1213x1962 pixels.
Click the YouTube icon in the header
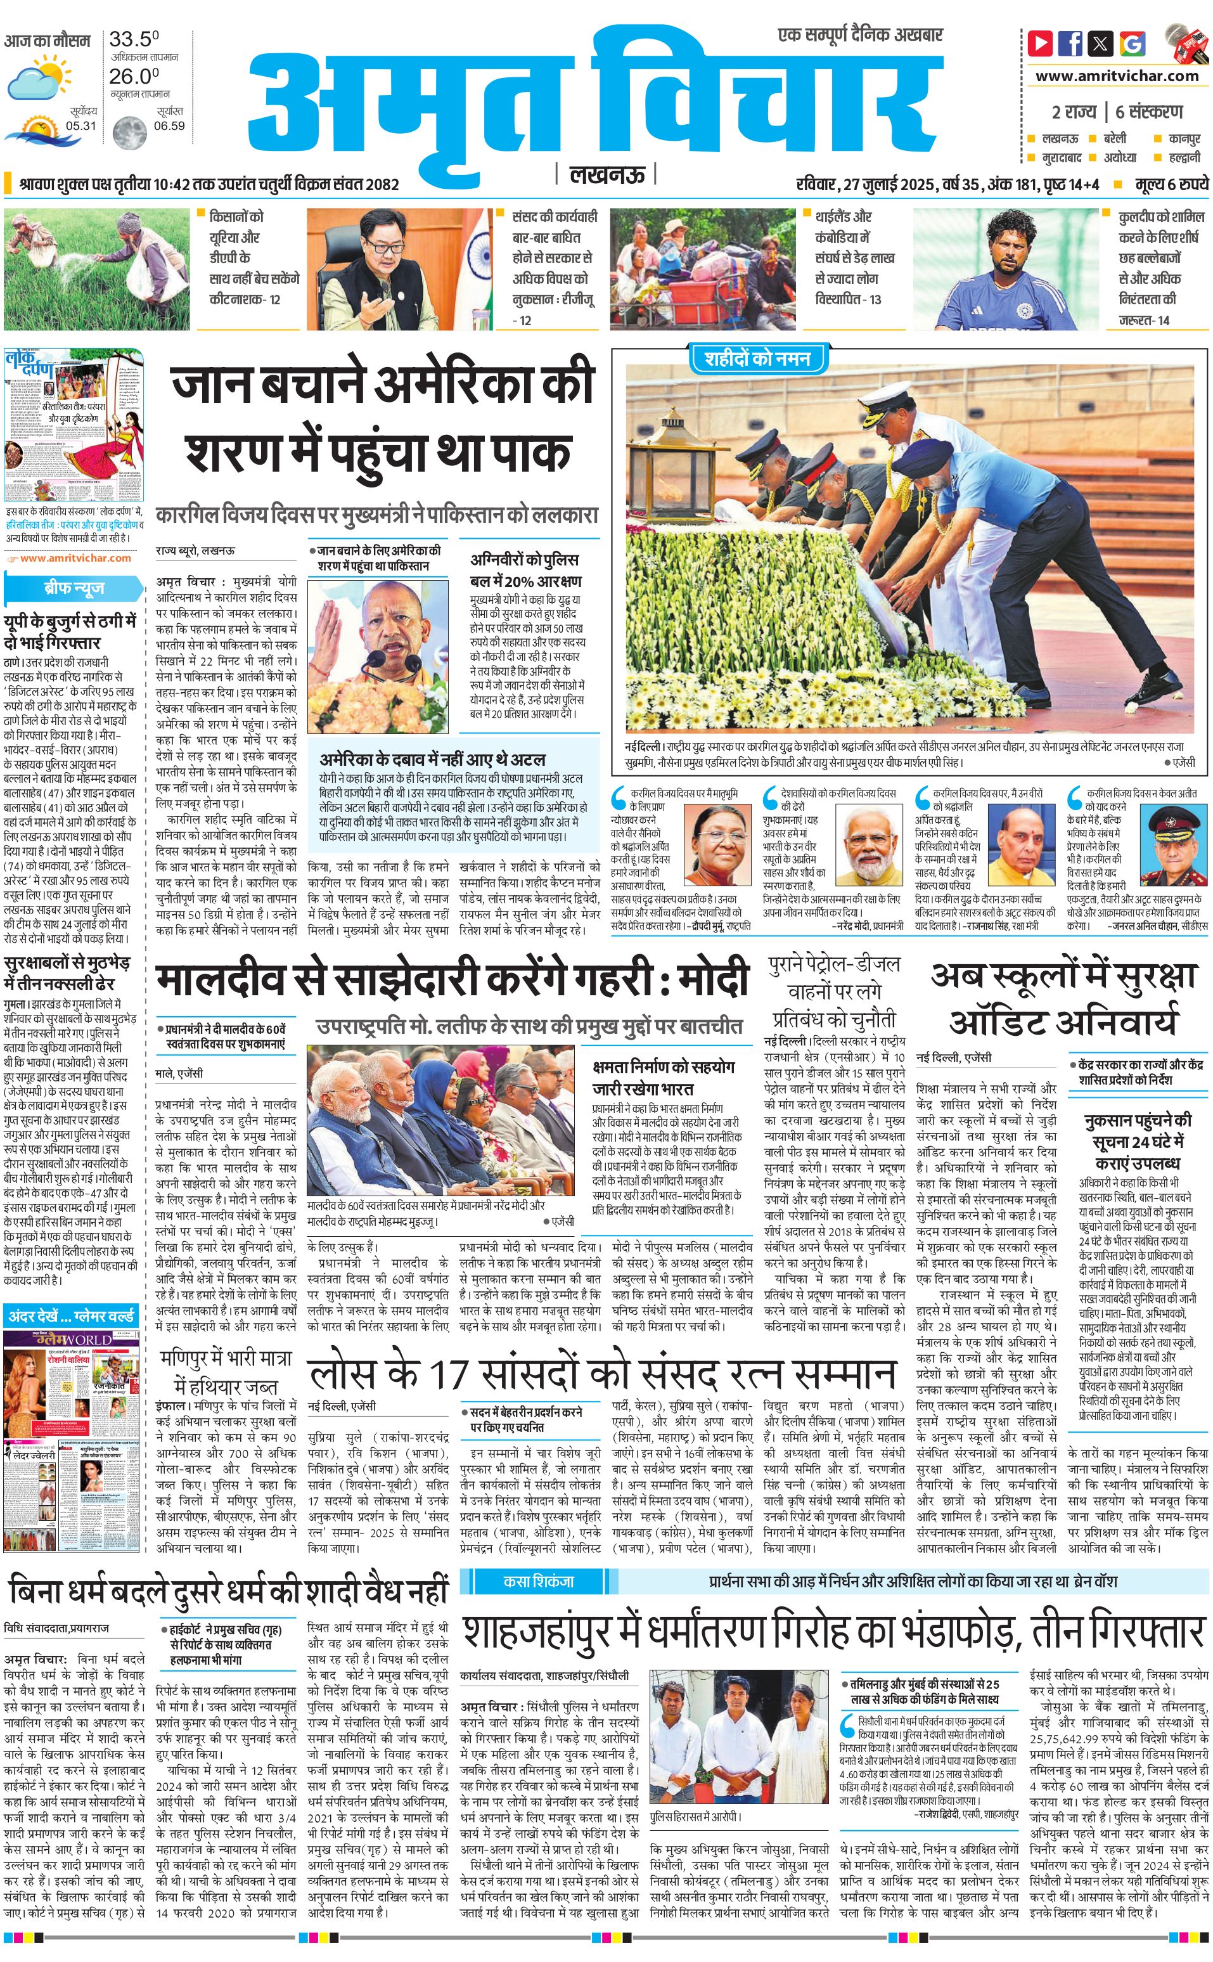(x=1040, y=42)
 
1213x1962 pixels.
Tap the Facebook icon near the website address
(x=1070, y=42)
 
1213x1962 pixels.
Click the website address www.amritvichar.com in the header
(x=1117, y=76)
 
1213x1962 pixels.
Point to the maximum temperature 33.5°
(x=134, y=39)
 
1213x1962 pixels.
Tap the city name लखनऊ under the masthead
(x=606, y=174)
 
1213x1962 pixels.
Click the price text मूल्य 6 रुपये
(x=1171, y=184)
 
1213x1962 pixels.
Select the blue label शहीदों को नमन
(x=757, y=359)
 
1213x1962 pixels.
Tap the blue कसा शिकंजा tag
(x=538, y=1582)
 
